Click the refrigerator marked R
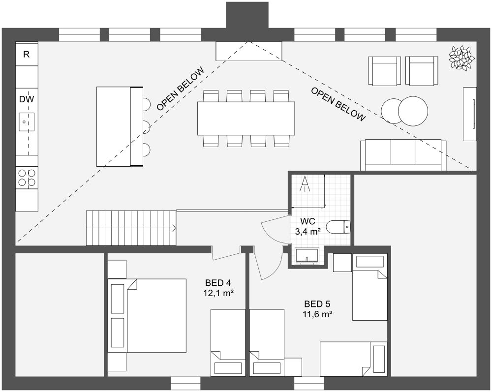(x=27, y=55)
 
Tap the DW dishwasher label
(x=27, y=99)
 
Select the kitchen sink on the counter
(x=27, y=121)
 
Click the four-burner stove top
(x=27, y=178)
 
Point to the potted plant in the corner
(x=461, y=58)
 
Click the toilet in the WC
(x=340, y=227)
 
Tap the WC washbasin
(x=307, y=256)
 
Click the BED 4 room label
(x=218, y=283)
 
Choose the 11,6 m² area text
(x=317, y=313)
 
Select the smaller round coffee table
(x=392, y=111)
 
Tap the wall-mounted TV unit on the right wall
(x=470, y=114)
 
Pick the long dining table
(x=246, y=118)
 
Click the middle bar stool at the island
(x=147, y=126)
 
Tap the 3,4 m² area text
(x=308, y=231)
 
